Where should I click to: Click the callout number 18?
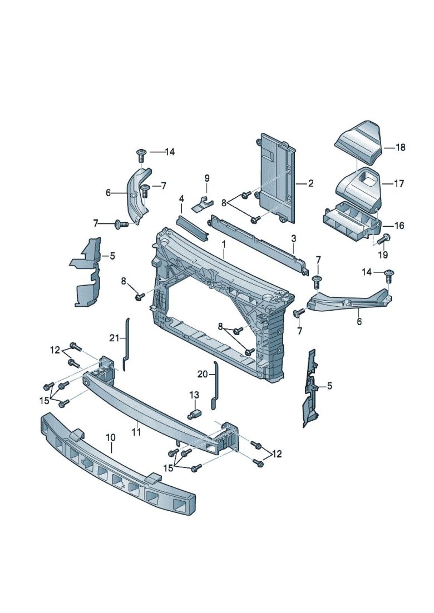pyautogui.click(x=401, y=147)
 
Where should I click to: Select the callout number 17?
pyautogui.click(x=400, y=183)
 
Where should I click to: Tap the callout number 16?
pyautogui.click(x=400, y=226)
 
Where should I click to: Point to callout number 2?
pyautogui.click(x=311, y=183)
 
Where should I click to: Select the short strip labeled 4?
pyautogui.click(x=191, y=227)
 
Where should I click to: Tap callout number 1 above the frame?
pyautogui.click(x=224, y=244)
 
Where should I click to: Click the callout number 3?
pyautogui.click(x=294, y=239)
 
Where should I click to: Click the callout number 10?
pyautogui.click(x=110, y=438)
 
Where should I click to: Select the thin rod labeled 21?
pyautogui.click(x=126, y=345)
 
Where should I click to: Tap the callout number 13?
pyautogui.click(x=194, y=395)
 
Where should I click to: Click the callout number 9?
pyautogui.click(x=206, y=178)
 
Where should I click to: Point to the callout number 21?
pyautogui.click(x=114, y=338)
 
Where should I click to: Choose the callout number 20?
pyautogui.click(x=202, y=374)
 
